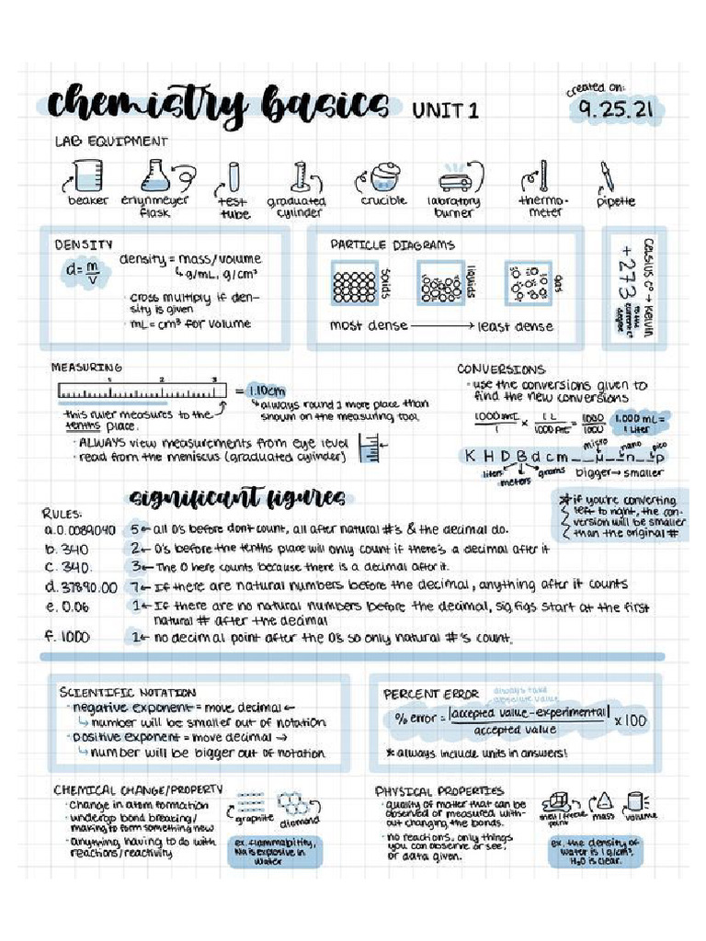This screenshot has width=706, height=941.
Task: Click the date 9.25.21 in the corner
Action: click(617, 111)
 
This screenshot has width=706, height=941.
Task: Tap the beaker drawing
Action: click(87, 176)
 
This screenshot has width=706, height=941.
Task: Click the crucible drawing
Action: click(383, 177)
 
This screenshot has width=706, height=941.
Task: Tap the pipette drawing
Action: click(608, 178)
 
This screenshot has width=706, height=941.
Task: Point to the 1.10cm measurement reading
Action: click(268, 390)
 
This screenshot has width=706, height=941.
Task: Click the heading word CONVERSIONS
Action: click(501, 369)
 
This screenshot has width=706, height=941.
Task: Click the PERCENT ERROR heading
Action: click(431, 694)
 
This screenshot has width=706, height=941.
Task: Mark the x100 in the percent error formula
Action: click(631, 720)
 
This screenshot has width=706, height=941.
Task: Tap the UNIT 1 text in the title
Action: click(446, 110)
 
